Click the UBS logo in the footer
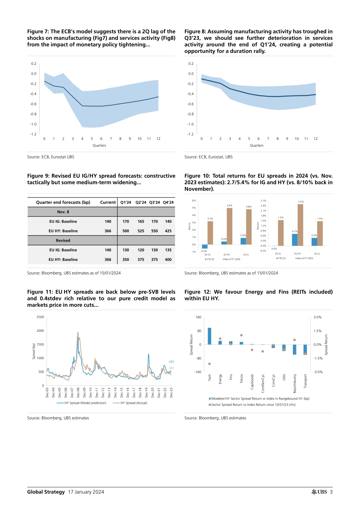point(319,492)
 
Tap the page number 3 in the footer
point(331,492)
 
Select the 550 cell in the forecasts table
point(155,231)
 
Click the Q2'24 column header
point(141,202)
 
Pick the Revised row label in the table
point(63,240)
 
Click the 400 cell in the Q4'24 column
point(168,260)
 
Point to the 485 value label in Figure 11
point(171,362)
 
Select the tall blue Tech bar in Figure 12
point(210,336)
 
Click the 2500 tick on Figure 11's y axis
point(40,317)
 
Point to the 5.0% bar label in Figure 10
point(229,206)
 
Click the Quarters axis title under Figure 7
point(99,146)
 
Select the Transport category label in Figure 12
point(305,381)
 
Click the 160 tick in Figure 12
point(198,317)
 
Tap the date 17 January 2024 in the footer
point(86,492)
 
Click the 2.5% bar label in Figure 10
point(301,202)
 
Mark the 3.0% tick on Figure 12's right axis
point(318,317)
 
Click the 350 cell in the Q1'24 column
point(126,260)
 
